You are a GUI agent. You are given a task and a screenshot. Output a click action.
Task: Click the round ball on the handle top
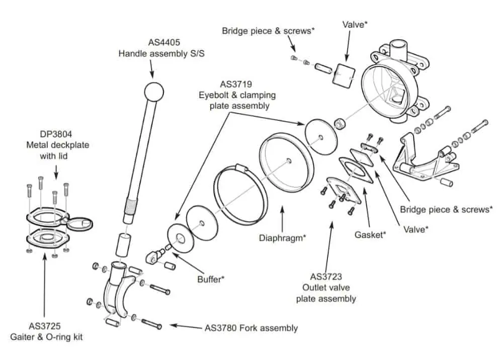click(x=154, y=92)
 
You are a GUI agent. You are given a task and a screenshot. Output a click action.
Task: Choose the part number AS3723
click(x=326, y=277)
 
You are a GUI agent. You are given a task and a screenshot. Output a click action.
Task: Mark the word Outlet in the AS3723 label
click(x=315, y=288)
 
